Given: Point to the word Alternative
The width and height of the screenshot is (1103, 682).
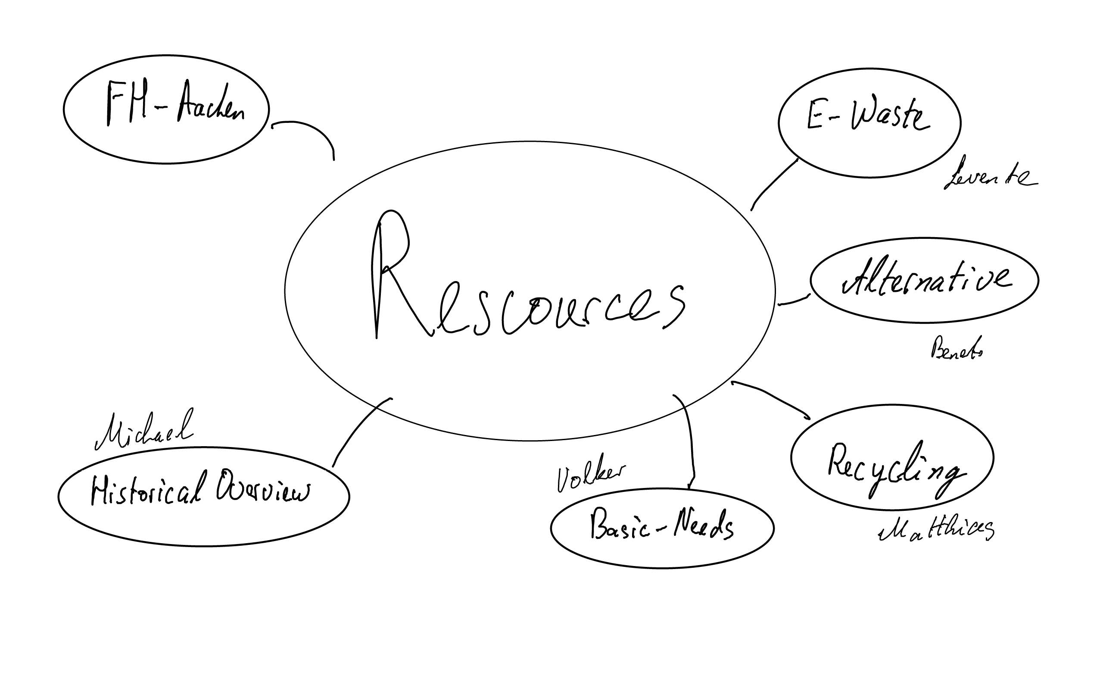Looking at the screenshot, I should pos(926,277).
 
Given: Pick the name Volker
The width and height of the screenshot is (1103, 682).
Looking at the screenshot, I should pos(590,478).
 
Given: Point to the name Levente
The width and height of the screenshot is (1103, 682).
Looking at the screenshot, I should pos(989,176).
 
